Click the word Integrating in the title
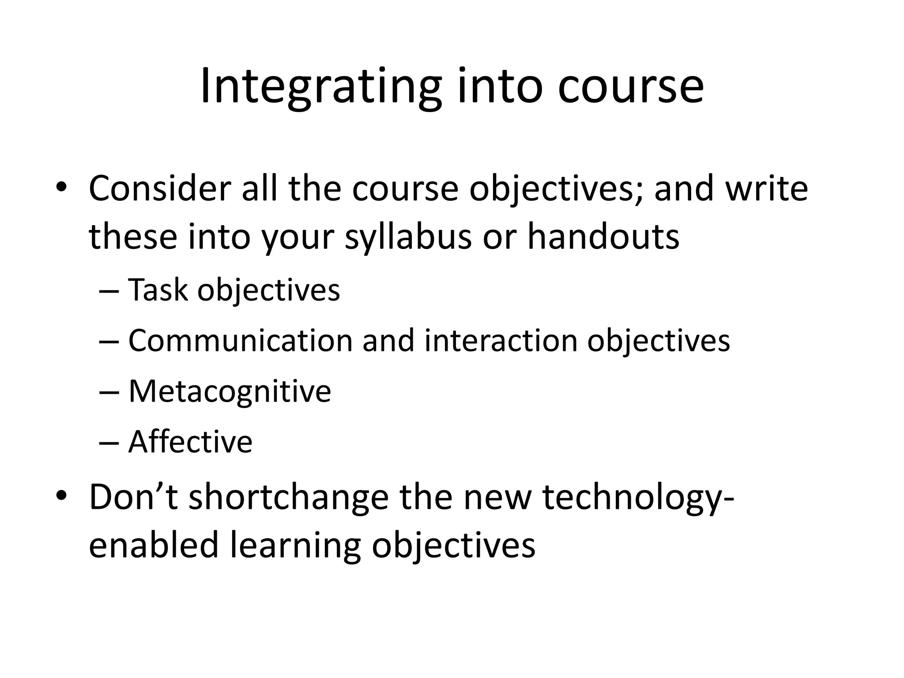click(x=320, y=87)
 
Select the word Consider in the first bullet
click(x=160, y=188)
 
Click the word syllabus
click(x=408, y=237)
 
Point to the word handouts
click(x=603, y=237)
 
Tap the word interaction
click(x=501, y=341)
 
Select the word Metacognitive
click(x=230, y=392)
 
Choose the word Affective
click(x=190, y=442)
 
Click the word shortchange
click(x=289, y=497)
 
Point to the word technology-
click(x=638, y=497)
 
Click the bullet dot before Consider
click(x=61, y=188)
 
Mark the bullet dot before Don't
click(x=61, y=496)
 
